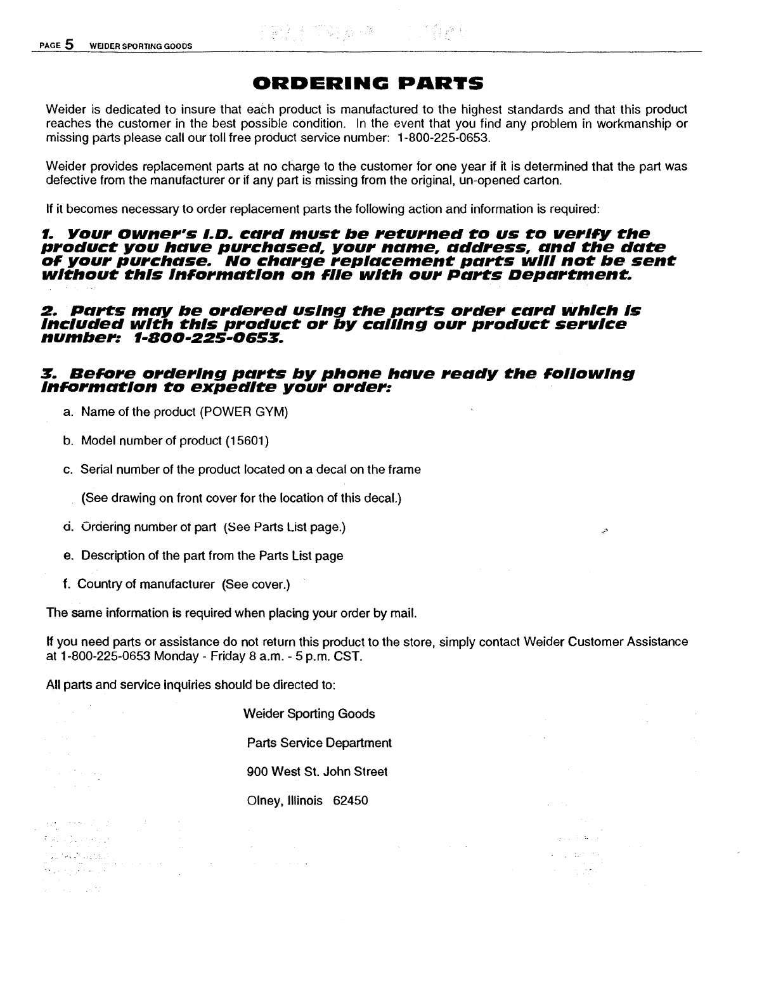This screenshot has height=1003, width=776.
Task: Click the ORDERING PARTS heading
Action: [368, 84]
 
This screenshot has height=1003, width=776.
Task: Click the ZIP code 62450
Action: [351, 801]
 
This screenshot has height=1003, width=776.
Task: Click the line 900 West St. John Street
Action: [316, 772]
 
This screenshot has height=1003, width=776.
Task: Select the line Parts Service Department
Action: [319, 742]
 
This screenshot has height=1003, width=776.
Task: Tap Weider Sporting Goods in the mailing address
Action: [309, 714]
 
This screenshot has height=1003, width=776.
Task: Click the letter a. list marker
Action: [67, 412]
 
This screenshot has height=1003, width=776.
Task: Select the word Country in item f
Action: [98, 585]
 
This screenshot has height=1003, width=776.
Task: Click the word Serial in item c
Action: [94, 470]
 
